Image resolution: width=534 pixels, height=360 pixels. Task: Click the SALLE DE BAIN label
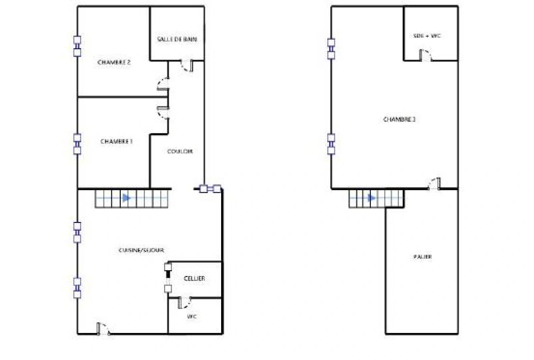(x=177, y=39)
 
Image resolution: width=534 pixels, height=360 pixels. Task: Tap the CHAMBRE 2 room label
(x=114, y=62)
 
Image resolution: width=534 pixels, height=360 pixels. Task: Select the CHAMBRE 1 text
(x=116, y=141)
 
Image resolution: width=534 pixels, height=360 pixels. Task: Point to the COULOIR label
(x=180, y=151)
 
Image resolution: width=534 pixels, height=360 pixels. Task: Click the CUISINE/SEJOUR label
(x=141, y=250)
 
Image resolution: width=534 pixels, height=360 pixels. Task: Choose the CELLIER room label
(x=194, y=278)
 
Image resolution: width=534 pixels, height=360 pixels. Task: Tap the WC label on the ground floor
(x=192, y=316)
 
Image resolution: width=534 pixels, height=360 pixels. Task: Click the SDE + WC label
(x=427, y=36)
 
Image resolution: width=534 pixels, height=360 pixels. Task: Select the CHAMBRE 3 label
(x=399, y=119)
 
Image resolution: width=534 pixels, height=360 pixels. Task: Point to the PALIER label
(x=423, y=257)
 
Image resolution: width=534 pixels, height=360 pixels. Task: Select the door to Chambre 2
(x=163, y=84)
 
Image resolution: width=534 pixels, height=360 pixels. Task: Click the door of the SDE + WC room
(x=425, y=55)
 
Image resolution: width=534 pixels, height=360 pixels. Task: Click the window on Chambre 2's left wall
(x=77, y=46)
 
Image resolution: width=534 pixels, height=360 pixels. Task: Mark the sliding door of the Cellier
(x=168, y=277)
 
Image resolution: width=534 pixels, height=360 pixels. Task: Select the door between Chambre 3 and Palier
(x=435, y=184)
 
